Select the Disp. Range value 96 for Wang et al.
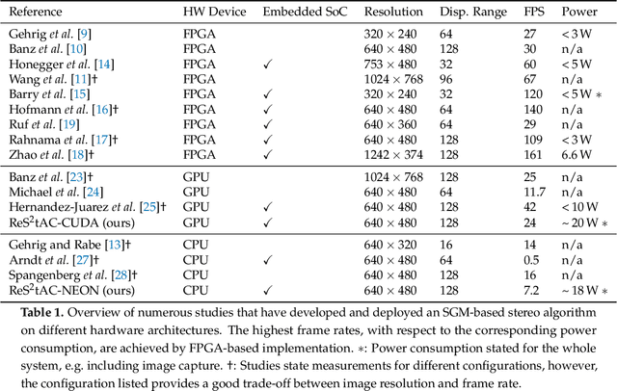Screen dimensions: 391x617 tap(452, 79)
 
